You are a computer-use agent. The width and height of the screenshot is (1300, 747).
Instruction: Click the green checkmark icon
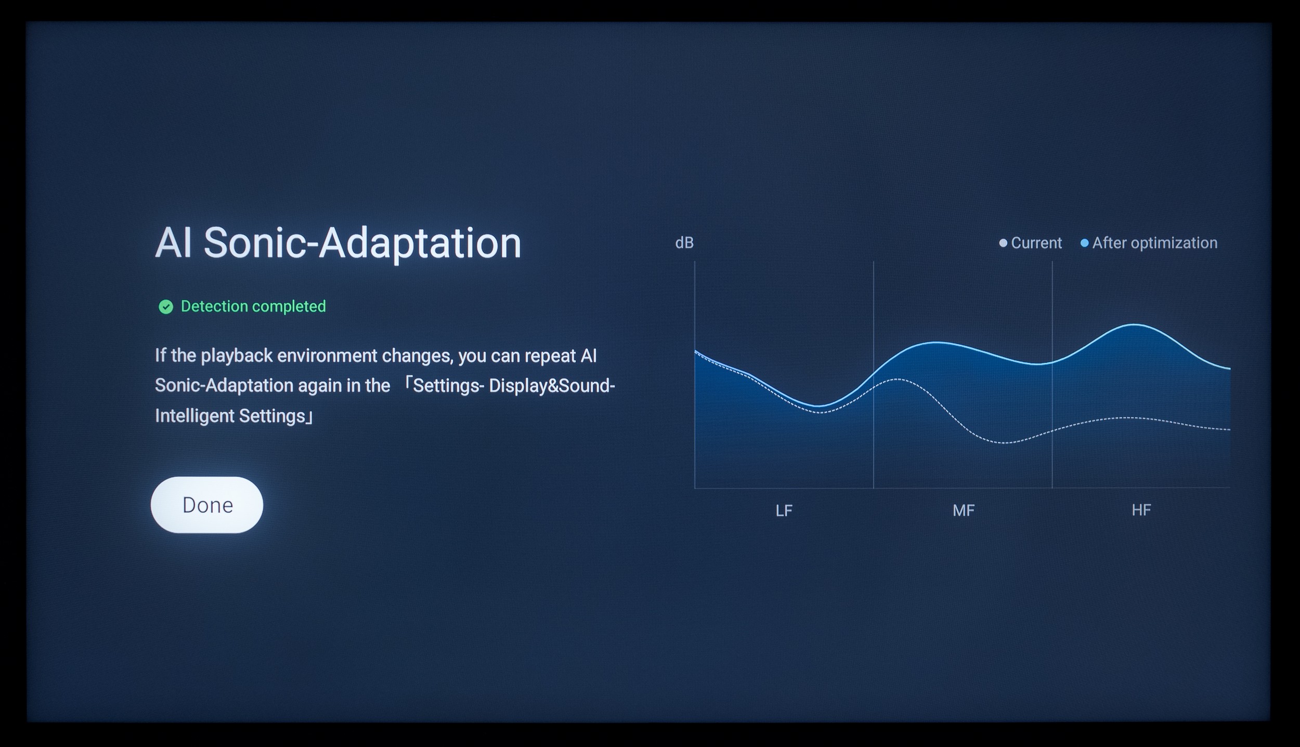click(166, 307)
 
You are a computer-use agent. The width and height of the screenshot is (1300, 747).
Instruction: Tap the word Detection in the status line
click(214, 306)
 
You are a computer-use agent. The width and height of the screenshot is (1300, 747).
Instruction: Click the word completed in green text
click(289, 307)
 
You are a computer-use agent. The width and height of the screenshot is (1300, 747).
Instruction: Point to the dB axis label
click(684, 243)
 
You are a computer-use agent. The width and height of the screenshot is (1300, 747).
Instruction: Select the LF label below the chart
click(784, 510)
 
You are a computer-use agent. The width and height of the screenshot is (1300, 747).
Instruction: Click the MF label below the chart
click(964, 510)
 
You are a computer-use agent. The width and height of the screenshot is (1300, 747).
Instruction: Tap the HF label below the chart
click(1141, 510)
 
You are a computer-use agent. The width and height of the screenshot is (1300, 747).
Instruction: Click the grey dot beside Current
click(1003, 243)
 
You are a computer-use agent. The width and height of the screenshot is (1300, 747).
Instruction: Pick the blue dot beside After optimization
click(1084, 243)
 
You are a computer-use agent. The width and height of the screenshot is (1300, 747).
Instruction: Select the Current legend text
click(1036, 243)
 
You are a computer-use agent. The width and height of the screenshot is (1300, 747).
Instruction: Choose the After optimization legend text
click(1155, 243)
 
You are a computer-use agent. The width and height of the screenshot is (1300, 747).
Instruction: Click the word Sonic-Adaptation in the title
click(362, 243)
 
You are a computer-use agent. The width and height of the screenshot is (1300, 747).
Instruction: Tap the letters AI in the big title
click(174, 243)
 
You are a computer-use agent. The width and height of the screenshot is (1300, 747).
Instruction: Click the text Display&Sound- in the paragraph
click(552, 386)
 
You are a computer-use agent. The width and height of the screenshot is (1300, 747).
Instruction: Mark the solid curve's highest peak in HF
click(1134, 325)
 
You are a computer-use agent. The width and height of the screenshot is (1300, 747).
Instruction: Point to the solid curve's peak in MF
click(936, 342)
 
